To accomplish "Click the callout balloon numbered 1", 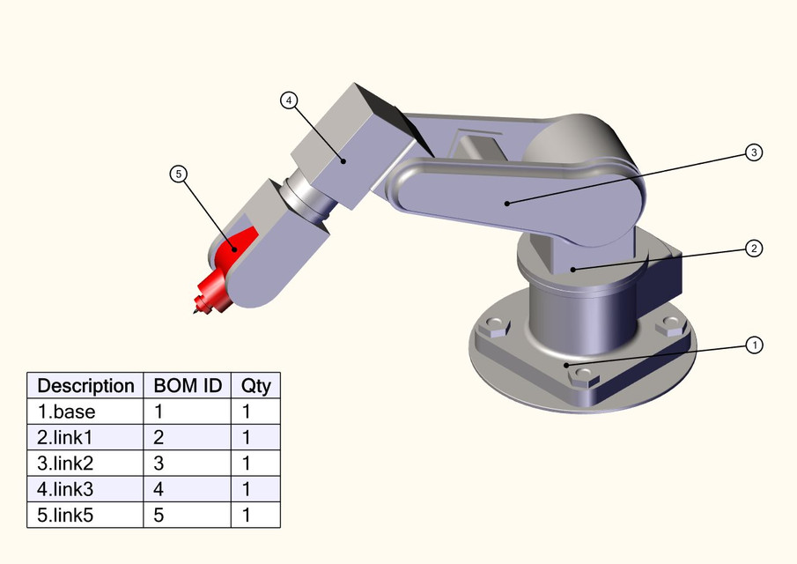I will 754,345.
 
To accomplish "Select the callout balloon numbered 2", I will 754,249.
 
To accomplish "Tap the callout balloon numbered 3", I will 754,152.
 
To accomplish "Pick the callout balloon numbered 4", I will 289,100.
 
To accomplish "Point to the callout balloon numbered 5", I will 179,174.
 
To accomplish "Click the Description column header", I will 85,386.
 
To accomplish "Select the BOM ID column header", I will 187,386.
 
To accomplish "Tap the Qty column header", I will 255,386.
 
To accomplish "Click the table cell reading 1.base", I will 85,411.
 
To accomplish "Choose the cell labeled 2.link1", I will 85,437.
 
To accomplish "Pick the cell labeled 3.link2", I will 85,463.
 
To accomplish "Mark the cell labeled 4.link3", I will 85,489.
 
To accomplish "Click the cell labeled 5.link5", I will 85,515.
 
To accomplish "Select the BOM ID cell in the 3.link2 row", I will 187,463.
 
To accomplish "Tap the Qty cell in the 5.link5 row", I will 255,515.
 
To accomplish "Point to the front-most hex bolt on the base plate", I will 581,376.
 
